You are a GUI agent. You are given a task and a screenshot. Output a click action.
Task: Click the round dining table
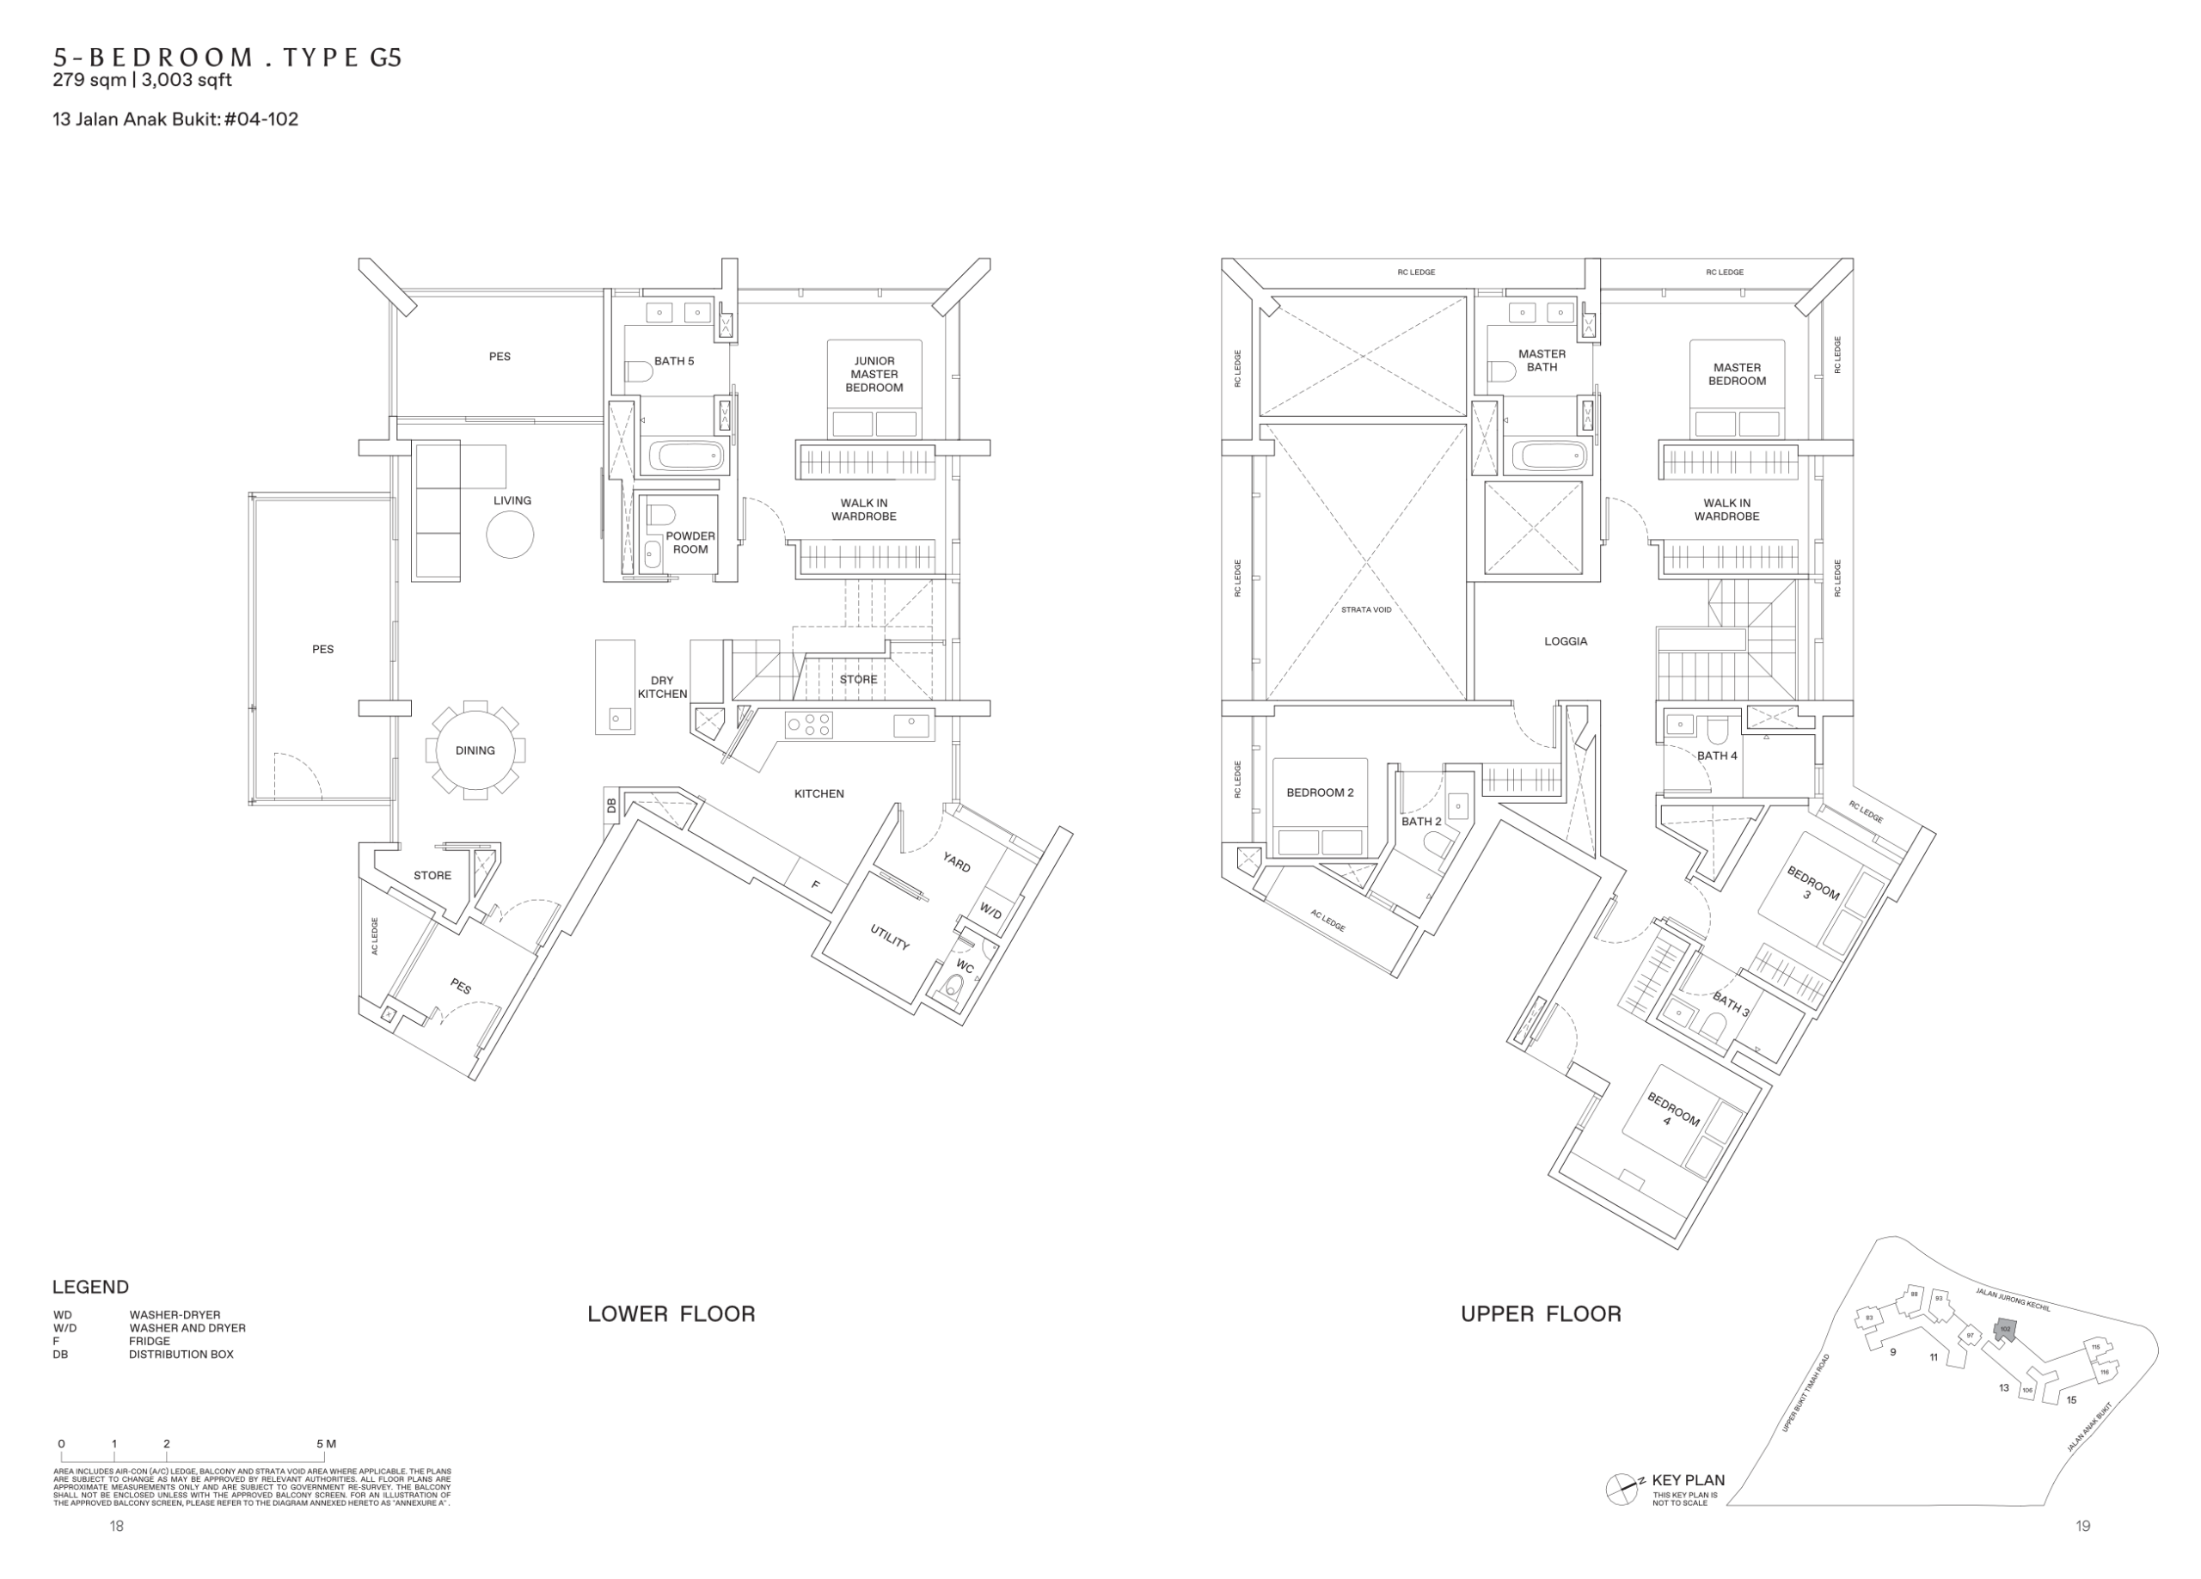(x=475, y=750)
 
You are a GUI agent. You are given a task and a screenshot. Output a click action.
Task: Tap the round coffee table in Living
(x=510, y=534)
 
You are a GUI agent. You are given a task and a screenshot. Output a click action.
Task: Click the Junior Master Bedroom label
(x=874, y=374)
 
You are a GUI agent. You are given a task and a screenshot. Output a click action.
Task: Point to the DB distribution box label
(x=611, y=805)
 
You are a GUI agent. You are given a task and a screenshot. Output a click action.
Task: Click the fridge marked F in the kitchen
(x=815, y=884)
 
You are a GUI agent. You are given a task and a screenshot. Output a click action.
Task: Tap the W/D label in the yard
(x=990, y=911)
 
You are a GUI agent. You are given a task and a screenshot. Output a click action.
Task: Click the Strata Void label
(x=1365, y=609)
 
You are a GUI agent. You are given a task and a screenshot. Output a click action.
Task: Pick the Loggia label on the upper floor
(x=1566, y=640)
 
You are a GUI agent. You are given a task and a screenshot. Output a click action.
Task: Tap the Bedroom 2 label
(x=1320, y=792)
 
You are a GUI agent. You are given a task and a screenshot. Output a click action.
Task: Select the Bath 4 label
(x=1717, y=755)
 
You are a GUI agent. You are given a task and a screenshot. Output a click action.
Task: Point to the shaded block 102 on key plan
(x=2005, y=1330)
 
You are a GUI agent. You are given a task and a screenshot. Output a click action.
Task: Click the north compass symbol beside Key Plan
(x=1622, y=1489)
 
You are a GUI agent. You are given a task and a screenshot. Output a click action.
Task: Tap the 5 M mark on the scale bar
(x=326, y=1444)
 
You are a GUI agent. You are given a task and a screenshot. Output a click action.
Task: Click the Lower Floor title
(x=671, y=1314)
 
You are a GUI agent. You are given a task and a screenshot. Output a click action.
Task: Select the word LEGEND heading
(x=90, y=1287)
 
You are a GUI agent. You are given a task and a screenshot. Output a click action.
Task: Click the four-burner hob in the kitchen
(x=809, y=725)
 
